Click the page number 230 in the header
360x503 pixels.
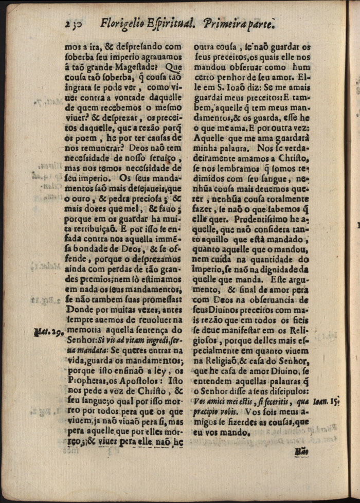(75, 23)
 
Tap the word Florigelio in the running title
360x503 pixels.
(123, 23)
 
